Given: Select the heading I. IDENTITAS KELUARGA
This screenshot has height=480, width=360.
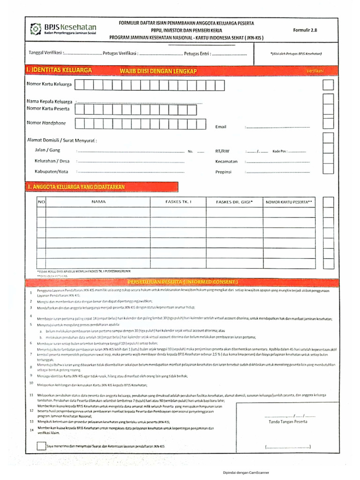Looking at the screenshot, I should tap(59, 70).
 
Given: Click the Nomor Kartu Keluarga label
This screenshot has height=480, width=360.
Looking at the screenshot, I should tap(49, 84).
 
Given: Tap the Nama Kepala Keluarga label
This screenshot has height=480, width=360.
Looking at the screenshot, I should tap(49, 101).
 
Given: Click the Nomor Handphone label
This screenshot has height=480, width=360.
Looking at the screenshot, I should tap(46, 123).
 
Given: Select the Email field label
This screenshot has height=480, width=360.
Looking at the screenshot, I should tap(221, 127).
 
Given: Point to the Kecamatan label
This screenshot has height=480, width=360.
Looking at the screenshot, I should tap(226, 161).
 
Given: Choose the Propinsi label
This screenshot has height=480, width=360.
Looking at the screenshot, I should tap(224, 172).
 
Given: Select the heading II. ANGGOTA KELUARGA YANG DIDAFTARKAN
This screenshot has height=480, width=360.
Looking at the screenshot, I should tap(76, 187).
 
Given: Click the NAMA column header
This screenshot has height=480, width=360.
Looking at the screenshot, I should tap(98, 202).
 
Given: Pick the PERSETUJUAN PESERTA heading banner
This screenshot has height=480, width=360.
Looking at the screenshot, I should tap(183, 282).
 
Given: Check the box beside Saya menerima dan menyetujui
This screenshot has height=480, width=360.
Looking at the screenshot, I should tap(41, 446).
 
